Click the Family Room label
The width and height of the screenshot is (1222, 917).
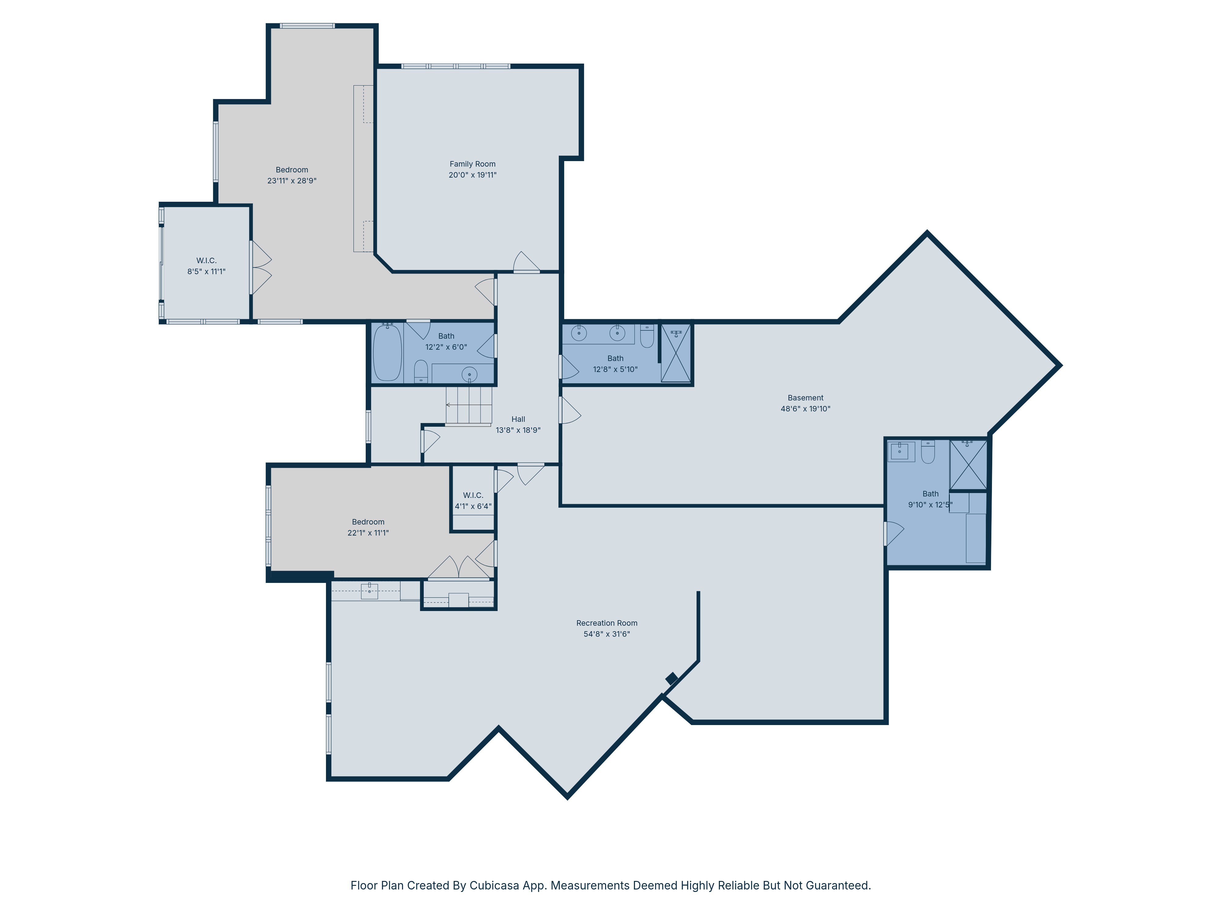point(472,164)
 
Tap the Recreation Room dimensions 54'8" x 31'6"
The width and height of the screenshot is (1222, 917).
point(607,634)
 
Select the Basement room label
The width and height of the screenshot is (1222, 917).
point(806,398)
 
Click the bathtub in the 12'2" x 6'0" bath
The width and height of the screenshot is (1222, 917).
point(387,352)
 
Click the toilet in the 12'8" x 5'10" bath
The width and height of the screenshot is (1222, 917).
point(647,336)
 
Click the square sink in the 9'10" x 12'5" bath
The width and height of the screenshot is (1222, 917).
point(901,451)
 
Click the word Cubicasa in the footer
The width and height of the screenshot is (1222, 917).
point(494,886)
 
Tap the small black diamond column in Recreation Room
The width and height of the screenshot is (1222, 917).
point(672,678)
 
